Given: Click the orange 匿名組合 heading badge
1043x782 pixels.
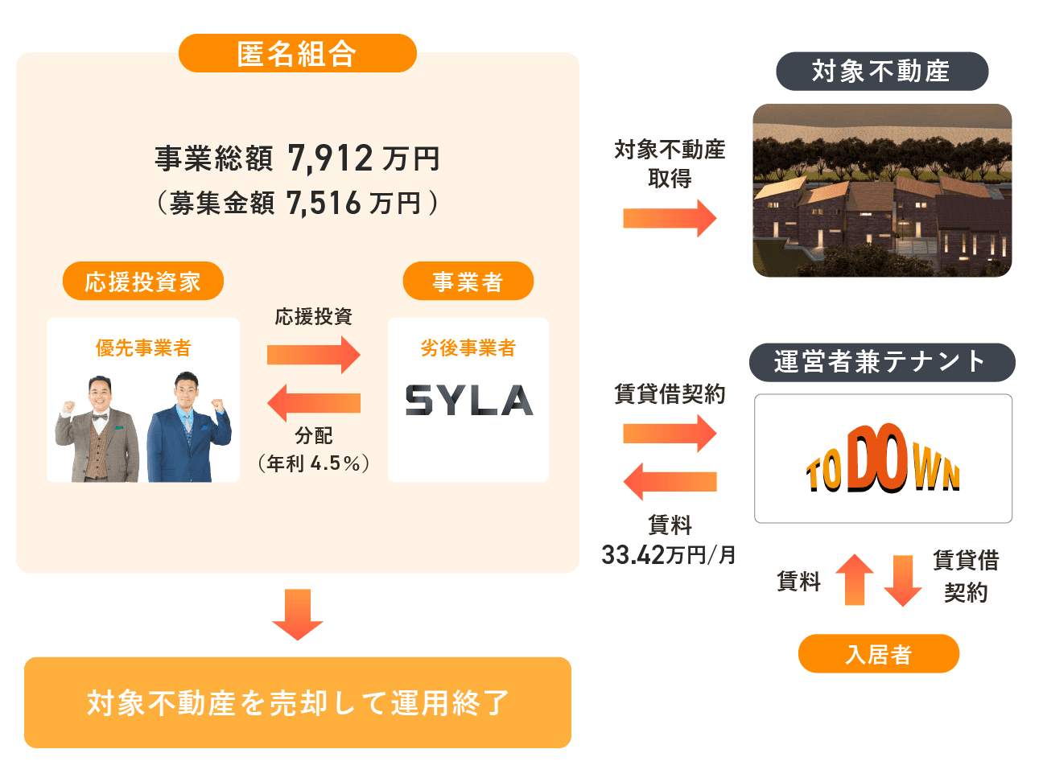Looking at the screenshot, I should (x=297, y=54).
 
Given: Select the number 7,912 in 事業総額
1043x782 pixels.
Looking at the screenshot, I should (x=330, y=158).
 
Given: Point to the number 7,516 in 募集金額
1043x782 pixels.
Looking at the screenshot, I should (x=324, y=204).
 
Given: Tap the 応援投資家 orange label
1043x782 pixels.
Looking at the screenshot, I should (x=142, y=282).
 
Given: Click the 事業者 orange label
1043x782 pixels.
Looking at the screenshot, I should (x=468, y=282).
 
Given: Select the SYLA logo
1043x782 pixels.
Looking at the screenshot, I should (x=468, y=401).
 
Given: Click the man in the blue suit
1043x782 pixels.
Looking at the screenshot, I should (x=190, y=430).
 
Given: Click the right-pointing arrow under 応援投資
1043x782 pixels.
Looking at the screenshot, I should (x=313, y=355).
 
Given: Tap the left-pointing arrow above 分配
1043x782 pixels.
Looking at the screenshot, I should (x=313, y=403).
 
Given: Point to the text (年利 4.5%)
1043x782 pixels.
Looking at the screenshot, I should (x=313, y=463).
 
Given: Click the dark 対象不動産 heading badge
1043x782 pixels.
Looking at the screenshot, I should (x=881, y=72).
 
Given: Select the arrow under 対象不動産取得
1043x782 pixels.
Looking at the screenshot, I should (x=669, y=218).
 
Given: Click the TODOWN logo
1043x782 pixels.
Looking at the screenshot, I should (x=883, y=459).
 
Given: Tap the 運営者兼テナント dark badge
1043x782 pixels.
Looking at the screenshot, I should (x=881, y=362).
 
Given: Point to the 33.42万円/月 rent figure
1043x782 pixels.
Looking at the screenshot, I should (x=668, y=555).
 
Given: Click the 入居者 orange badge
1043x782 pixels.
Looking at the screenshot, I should (x=878, y=654).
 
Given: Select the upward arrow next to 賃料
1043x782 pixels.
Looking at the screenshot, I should (x=854, y=579).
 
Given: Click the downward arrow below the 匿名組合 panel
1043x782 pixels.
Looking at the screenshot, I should (x=297, y=615).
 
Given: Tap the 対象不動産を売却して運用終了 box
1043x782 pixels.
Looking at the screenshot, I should (x=297, y=702).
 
